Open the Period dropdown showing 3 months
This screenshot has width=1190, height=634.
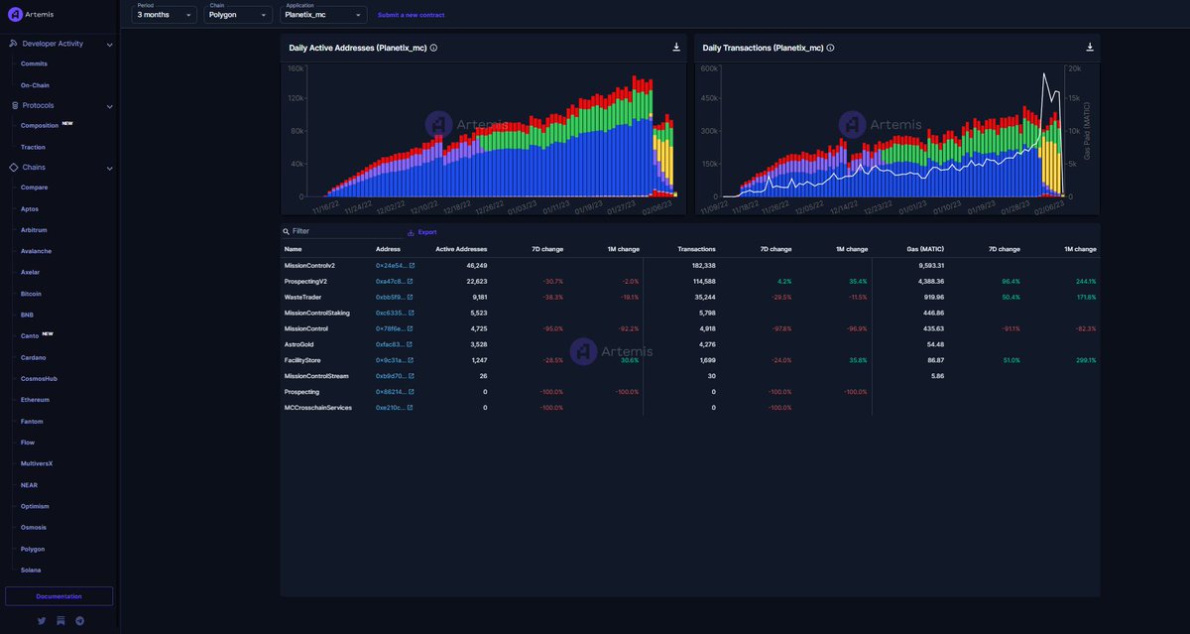[165, 15]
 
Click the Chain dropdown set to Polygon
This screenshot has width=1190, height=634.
[237, 15]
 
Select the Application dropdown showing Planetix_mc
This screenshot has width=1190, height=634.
[323, 15]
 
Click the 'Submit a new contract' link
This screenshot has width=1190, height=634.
[411, 15]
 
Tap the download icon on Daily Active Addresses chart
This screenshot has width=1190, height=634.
[676, 48]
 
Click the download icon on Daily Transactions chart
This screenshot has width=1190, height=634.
[1090, 48]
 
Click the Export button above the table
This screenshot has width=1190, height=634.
[422, 232]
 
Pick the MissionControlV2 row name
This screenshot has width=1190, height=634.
[309, 266]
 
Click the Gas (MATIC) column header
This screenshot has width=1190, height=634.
[925, 249]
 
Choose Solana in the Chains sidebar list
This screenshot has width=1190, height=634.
[31, 571]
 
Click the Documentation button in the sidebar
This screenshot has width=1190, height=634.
[59, 596]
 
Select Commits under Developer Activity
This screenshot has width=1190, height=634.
[34, 63]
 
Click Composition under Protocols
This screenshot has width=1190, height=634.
[40, 126]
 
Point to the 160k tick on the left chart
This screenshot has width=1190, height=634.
[295, 68]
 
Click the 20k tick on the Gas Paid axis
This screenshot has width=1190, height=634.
[1074, 68]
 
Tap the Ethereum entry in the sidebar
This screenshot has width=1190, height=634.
[35, 400]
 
